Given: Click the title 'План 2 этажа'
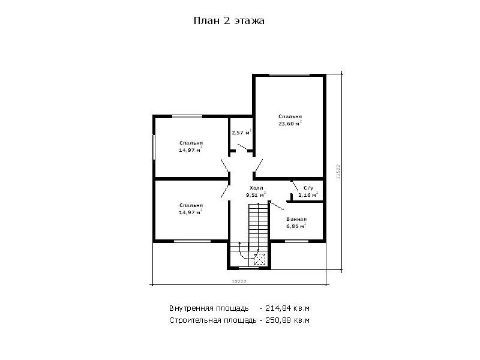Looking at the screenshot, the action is pos(229,21).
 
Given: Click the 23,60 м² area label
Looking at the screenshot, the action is pos(290,124).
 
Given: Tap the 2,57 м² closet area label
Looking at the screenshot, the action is pos(242,132).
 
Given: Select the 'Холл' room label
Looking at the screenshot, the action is pos(256,188).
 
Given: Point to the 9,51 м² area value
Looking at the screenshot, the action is pos(256,194).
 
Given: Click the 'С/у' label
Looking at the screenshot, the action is pos(308,188).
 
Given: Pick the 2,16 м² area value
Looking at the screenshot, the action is pos(308,194).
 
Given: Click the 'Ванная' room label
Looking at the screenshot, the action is pos(296,219).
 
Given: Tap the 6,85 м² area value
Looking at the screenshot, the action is pos(296,226).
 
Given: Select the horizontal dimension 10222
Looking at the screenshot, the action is pos(239,281).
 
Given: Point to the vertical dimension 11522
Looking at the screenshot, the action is pos(338,172).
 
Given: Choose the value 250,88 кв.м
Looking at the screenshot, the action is pos(287,320).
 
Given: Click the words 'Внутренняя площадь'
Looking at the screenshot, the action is pos(209,308).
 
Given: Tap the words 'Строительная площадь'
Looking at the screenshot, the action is pos(213,321).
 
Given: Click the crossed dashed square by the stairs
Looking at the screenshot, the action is pos(260,259).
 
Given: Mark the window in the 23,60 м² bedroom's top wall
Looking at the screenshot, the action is pos(289,75).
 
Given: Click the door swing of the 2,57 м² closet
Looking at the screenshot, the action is pos(242,147).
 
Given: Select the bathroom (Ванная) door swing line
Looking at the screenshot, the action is pos(277,206).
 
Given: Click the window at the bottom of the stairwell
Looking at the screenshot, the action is pos(248,268).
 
